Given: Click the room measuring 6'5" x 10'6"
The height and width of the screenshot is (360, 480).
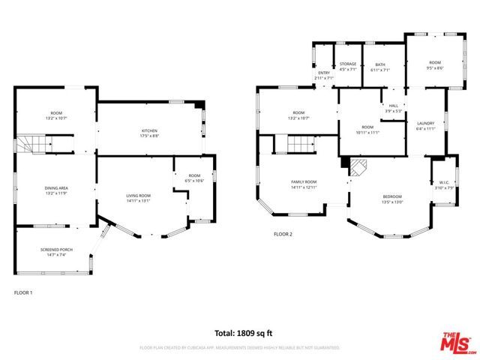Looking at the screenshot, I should tap(194, 177).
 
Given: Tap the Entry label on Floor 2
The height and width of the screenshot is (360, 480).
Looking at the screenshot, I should tap(323, 74).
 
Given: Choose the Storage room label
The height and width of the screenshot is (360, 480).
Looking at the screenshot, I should tap(348, 66).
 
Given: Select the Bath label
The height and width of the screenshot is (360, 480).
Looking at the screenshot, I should tap(379, 66).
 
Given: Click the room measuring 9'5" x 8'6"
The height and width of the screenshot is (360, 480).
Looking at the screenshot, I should tap(435, 64).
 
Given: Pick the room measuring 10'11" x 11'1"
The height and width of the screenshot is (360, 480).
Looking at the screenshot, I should tap(367, 129).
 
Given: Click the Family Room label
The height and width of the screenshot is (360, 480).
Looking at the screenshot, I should tap(304, 184).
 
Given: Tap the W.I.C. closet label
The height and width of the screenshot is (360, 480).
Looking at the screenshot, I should tap(444, 184).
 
